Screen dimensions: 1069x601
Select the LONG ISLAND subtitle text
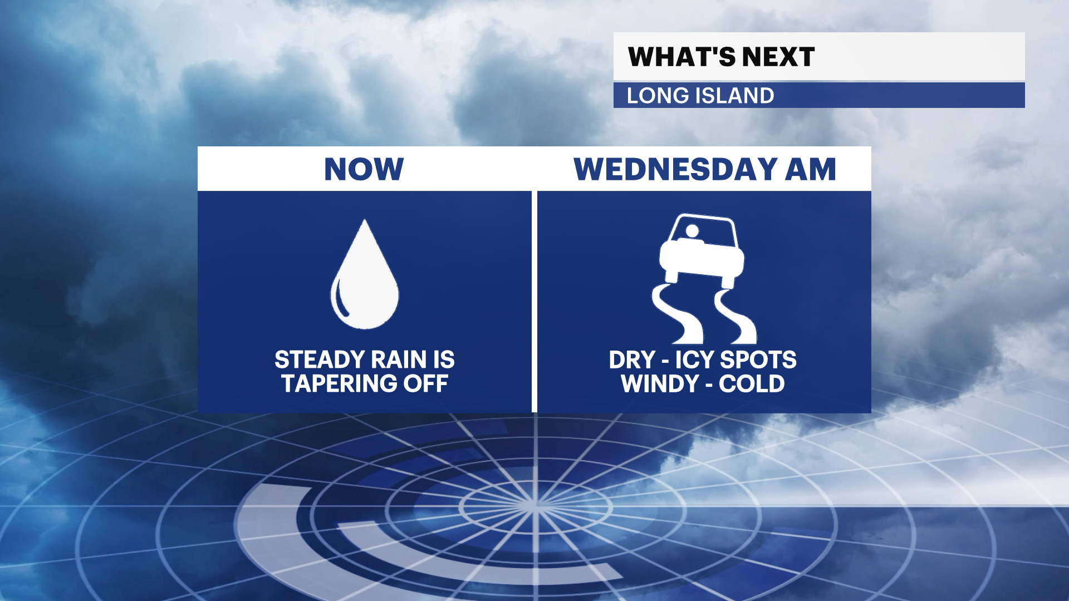(x=700, y=96)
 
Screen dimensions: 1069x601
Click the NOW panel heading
(x=364, y=169)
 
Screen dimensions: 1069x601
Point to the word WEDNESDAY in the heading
(x=675, y=169)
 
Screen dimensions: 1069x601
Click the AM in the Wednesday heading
(x=811, y=169)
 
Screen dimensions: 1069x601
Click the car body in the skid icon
(x=702, y=248)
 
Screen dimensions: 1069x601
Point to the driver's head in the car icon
(x=693, y=230)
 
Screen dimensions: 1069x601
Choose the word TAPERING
(x=339, y=383)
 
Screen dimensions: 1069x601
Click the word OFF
(x=426, y=383)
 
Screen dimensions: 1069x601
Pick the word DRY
(x=632, y=360)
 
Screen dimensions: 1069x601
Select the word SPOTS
(x=758, y=360)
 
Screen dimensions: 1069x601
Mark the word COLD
(x=752, y=383)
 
